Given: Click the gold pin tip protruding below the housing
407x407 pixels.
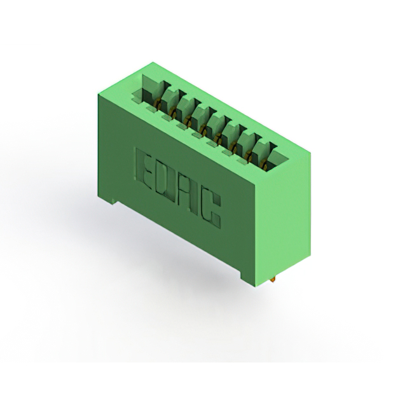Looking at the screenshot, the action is click(273, 280).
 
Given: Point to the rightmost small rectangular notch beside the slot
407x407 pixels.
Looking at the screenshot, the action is click(242, 162).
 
